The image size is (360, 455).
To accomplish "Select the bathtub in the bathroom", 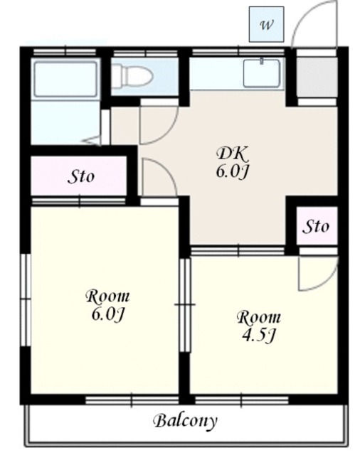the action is [x=65, y=79].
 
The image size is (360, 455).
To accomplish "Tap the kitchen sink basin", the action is [x=262, y=73].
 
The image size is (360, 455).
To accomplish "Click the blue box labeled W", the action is [x=266, y=24].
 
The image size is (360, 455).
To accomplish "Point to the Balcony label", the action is [x=185, y=421].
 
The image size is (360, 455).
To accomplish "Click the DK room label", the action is [x=233, y=154].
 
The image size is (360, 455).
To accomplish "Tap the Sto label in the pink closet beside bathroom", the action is [x=81, y=177].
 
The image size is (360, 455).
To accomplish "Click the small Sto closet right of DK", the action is [x=317, y=225].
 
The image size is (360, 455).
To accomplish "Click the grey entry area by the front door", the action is [x=317, y=77].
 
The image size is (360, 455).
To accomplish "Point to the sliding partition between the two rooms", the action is [x=185, y=305].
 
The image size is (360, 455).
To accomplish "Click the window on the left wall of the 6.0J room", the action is [x=26, y=300].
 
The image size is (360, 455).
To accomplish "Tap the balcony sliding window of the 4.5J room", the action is [x=242, y=401].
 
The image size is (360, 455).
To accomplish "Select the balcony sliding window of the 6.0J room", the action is [x=132, y=401].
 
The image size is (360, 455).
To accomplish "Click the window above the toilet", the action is [x=145, y=53].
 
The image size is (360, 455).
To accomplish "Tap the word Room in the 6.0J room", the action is [x=107, y=296].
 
